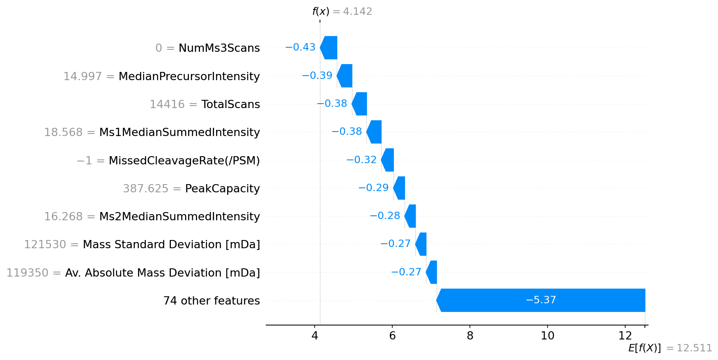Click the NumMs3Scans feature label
[219, 48]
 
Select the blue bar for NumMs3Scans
[329, 48]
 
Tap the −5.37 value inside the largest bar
[541, 300]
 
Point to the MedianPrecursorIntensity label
[189, 76]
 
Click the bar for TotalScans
[360, 104]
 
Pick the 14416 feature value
[167, 104]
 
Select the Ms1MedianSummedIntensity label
[179, 132]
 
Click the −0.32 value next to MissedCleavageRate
[361, 160]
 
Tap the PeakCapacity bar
[399, 188]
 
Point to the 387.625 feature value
[145, 189]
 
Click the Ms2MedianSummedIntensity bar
[410, 216]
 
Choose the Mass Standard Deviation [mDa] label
[171, 245]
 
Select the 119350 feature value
[27, 273]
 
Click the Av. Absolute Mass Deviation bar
[432, 272]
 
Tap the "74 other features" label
[212, 301]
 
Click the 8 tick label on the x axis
[470, 336]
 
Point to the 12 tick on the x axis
[625, 336]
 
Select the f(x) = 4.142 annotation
[342, 12]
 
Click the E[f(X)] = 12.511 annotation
[670, 348]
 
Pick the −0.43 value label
[300, 47]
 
